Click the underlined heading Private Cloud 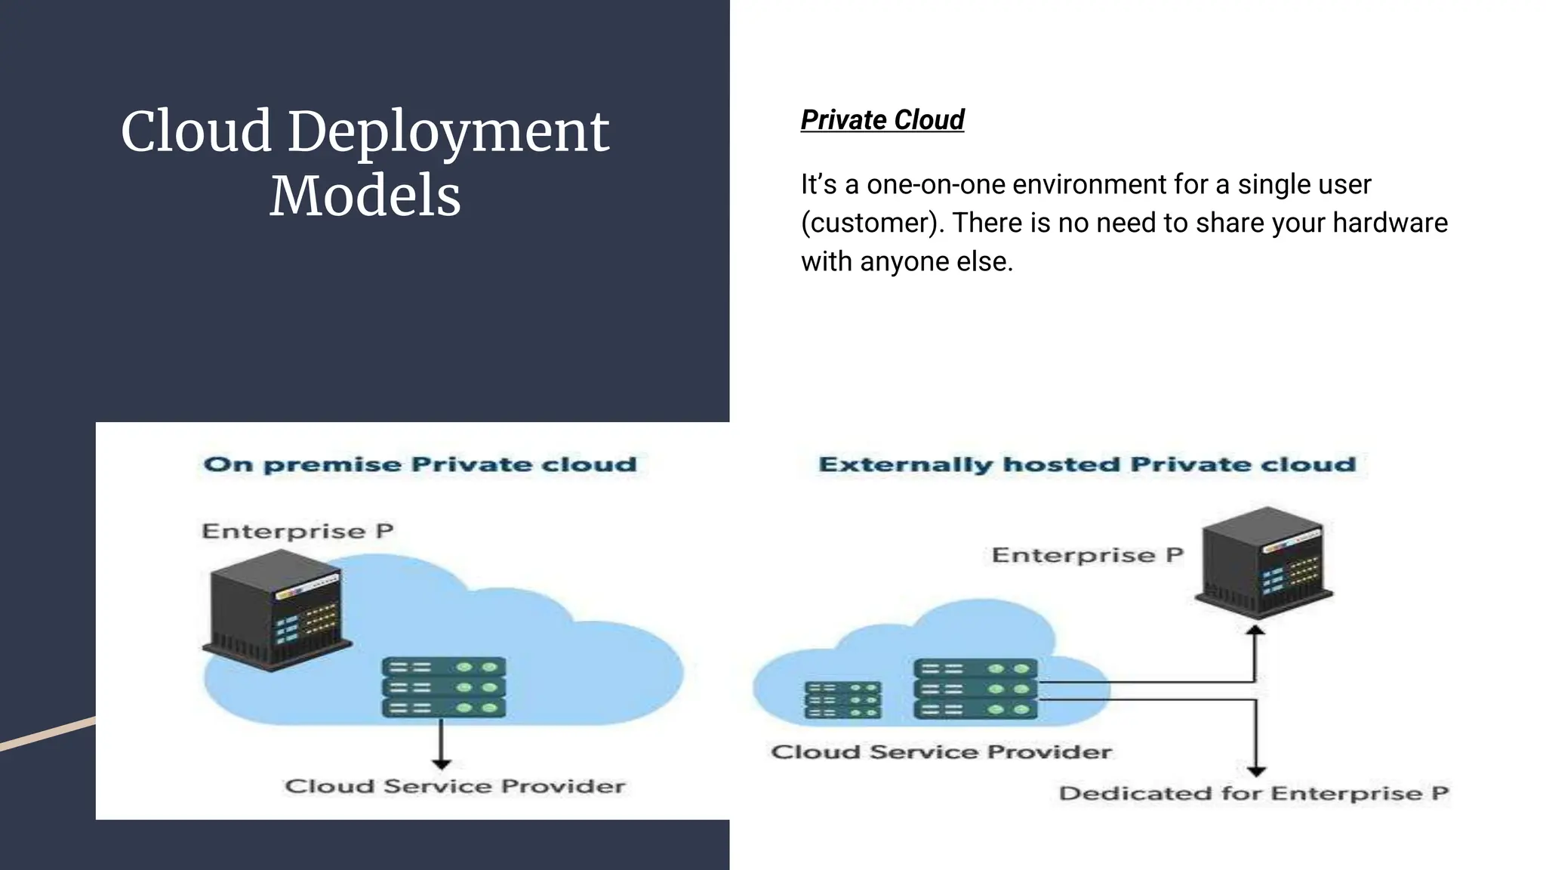pos(882,119)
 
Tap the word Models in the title pos(365,196)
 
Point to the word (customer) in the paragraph pos(873,223)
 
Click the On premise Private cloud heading pos(420,464)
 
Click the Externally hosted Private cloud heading pos(1087,464)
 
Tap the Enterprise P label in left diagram pos(297,531)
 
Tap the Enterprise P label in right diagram pos(1087,555)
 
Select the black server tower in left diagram pos(276,610)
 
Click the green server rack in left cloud pos(444,687)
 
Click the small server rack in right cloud pos(842,700)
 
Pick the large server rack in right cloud pos(975,689)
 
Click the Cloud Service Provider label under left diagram pos(455,786)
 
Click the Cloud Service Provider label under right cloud pos(941,752)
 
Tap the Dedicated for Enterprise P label pos(1253,794)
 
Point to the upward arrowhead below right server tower pos(1255,631)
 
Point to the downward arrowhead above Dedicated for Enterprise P pos(1256,771)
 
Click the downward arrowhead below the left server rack pos(442,764)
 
